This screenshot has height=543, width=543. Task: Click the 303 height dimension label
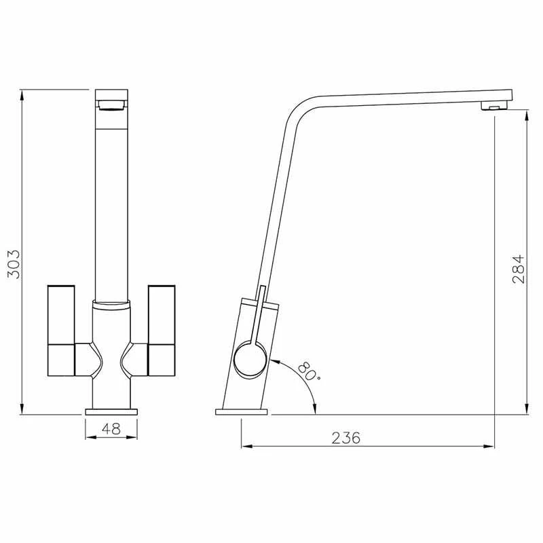coord(14,264)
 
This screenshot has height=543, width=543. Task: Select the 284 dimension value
coord(519,269)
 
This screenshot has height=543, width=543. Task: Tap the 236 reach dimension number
coord(345,438)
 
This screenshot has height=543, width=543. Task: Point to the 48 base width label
coord(111,429)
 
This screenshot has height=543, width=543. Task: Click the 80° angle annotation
coord(307,371)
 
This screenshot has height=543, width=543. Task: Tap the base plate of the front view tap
coord(111,412)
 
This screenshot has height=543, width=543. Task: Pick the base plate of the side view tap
coord(242,412)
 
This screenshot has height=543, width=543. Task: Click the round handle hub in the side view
coord(250,359)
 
